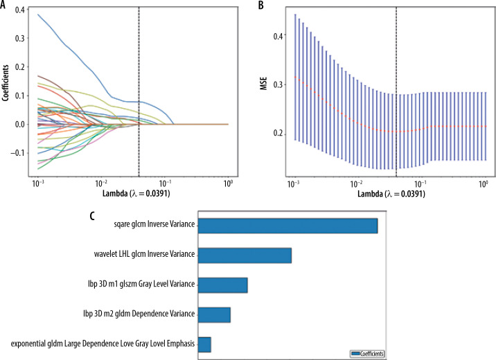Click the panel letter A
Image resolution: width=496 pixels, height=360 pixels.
(x=6, y=5)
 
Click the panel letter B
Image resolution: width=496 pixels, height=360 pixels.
(x=261, y=5)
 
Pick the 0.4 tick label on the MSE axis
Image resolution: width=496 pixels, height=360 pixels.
(x=278, y=35)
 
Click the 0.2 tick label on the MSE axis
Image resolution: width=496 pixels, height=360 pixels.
(x=278, y=132)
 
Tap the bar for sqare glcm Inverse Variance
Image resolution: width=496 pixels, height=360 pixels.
(x=287, y=226)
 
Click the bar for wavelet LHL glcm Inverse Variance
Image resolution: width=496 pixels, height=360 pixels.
(x=245, y=256)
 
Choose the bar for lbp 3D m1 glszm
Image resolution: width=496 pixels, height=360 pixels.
(x=222, y=285)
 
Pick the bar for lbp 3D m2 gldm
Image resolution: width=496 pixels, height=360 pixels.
(x=214, y=315)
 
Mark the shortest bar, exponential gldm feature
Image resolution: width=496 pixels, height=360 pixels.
(x=204, y=344)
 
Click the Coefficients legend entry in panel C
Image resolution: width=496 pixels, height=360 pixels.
(x=367, y=353)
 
